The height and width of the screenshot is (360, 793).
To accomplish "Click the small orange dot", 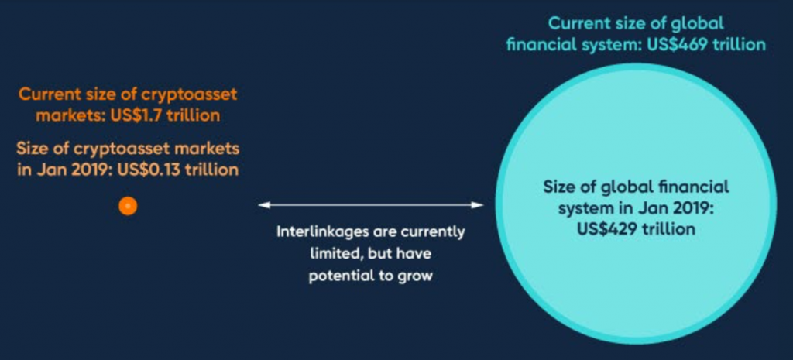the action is coord(128,206).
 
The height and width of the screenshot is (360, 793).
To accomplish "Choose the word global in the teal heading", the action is coord(699,23).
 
